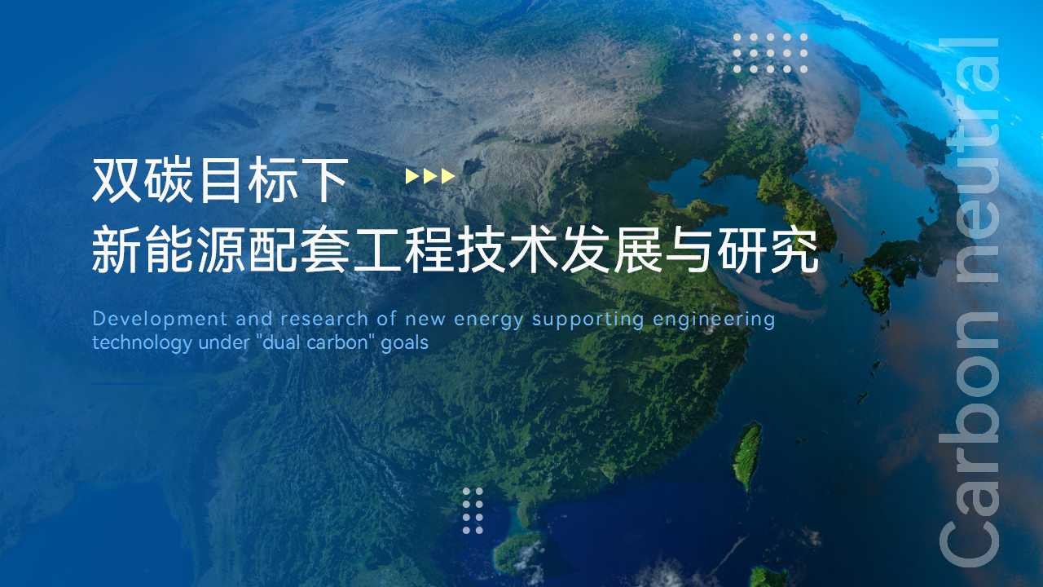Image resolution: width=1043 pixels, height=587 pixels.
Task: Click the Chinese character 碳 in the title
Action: tap(169, 180)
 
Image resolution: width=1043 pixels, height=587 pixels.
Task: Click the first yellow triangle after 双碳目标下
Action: tap(412, 176)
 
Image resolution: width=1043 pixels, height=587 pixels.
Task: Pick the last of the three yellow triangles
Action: tap(448, 176)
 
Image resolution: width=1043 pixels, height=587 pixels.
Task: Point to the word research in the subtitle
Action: tap(324, 320)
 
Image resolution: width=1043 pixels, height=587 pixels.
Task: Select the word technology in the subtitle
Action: tap(142, 344)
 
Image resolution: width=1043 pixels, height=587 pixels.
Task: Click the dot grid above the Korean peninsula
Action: tap(770, 54)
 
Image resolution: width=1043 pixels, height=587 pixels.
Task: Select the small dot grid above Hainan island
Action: tap(473, 510)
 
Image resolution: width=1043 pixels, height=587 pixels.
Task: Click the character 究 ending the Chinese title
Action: tap(794, 249)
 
